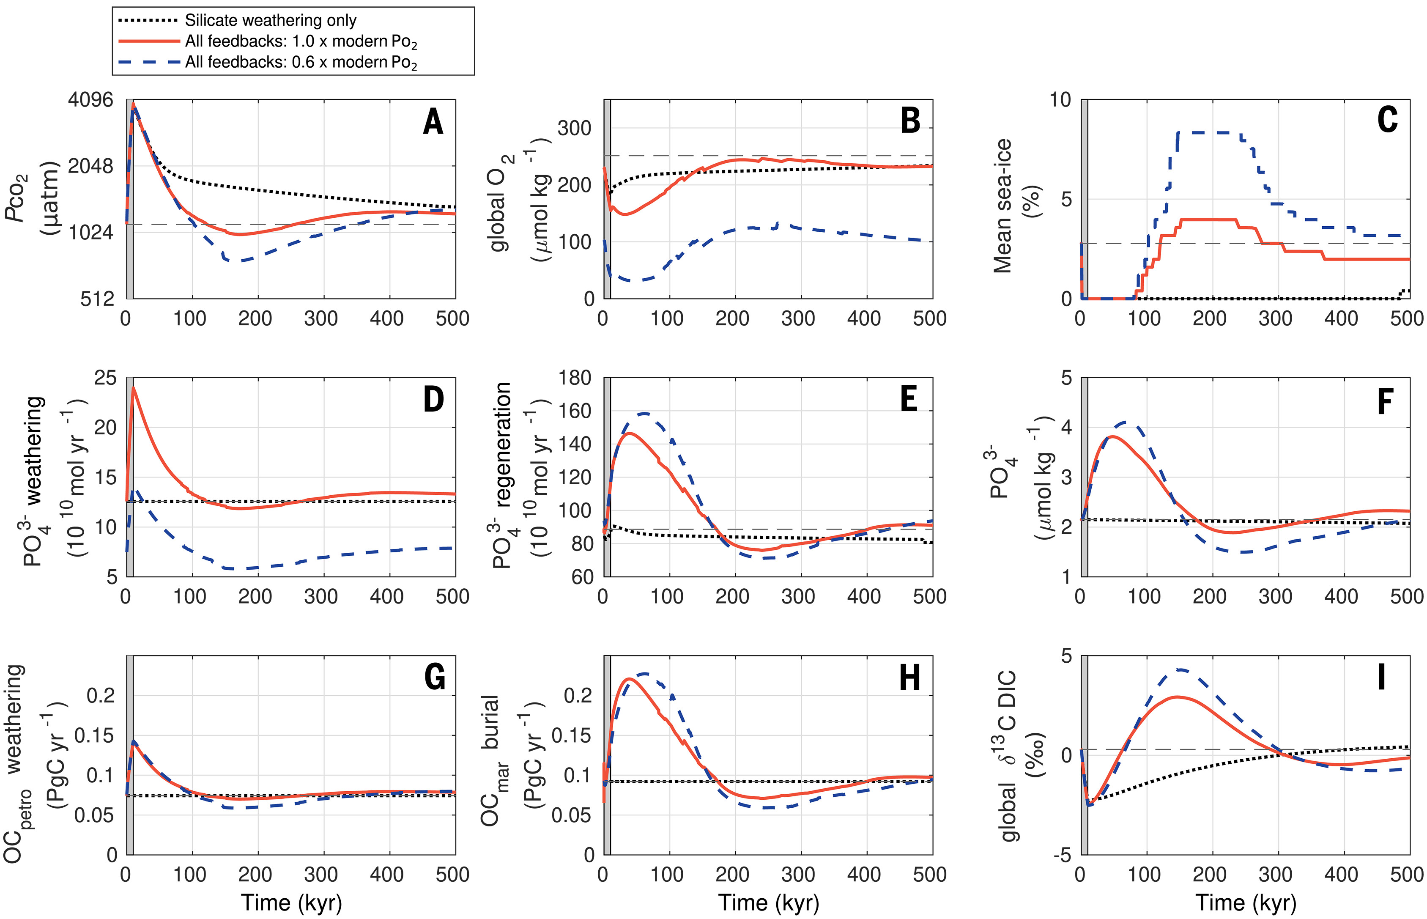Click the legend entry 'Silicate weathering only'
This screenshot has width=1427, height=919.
coord(270,20)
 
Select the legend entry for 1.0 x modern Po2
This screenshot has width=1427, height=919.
coord(301,42)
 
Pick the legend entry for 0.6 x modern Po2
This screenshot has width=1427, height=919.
coord(301,63)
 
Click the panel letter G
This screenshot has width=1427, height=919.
coord(434,678)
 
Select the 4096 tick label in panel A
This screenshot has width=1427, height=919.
coord(90,100)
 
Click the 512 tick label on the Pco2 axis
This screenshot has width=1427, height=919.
coord(97,299)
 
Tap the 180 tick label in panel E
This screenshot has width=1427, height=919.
coord(575,378)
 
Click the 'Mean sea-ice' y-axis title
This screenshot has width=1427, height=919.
coord(1003,206)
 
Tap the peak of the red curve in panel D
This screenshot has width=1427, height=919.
coord(134,388)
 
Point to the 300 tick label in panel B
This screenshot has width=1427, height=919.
coord(574,128)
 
